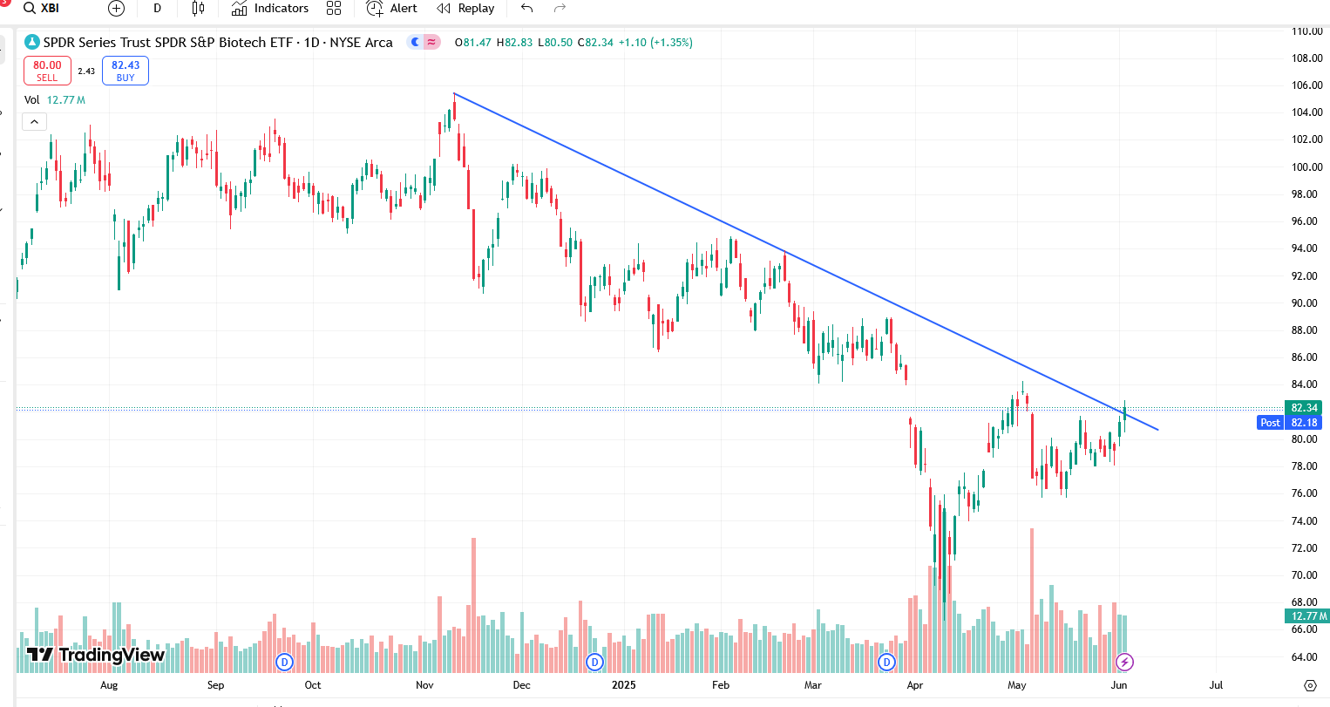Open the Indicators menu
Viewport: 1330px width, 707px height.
(270, 9)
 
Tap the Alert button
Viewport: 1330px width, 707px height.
(392, 9)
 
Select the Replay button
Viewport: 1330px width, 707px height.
(465, 9)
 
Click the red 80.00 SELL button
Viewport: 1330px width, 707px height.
(47, 71)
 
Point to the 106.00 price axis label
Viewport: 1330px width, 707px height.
(1306, 85)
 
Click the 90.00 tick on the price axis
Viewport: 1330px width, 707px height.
(1305, 303)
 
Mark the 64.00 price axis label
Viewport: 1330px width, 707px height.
(1305, 657)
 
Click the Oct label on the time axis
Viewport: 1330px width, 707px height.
(313, 685)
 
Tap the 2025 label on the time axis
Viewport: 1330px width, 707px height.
(624, 685)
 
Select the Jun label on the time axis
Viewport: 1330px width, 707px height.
(1119, 685)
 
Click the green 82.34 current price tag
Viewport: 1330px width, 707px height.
(1304, 408)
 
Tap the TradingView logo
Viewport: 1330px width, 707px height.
(96, 655)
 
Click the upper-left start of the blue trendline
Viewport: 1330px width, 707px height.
(454, 93)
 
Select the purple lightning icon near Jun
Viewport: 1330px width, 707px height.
(1124, 663)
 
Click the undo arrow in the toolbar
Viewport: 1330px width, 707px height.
(526, 9)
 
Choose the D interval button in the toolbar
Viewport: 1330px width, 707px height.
(158, 9)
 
